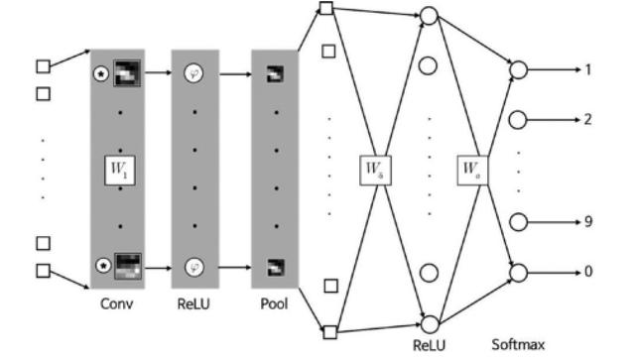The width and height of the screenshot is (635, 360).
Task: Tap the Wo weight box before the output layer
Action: pyautogui.click(x=469, y=169)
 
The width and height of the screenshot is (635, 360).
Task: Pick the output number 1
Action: pyautogui.click(x=588, y=71)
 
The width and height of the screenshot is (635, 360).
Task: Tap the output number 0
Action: pyautogui.click(x=588, y=271)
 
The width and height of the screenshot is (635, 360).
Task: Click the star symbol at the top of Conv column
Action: pyautogui.click(x=101, y=73)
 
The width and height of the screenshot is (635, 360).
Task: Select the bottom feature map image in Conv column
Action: pyautogui.click(x=127, y=266)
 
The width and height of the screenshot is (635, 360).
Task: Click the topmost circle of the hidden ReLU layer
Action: pyautogui.click(x=429, y=15)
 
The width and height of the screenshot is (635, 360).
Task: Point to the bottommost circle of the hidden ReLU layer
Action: pyautogui.click(x=429, y=323)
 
